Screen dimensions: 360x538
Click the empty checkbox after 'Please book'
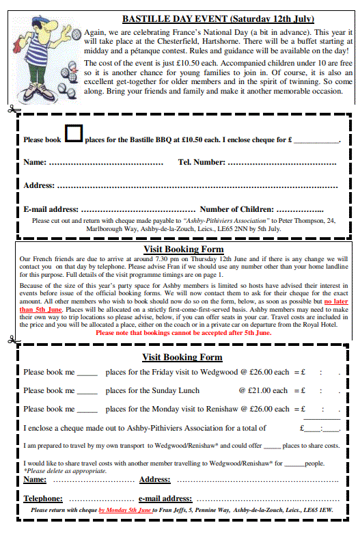73,134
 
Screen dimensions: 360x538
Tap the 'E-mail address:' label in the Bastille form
51,209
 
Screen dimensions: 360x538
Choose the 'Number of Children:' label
237,209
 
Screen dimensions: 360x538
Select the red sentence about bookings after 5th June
184,333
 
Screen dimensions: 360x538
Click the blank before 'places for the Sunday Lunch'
87,392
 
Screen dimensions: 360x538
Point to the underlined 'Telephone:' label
43,498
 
